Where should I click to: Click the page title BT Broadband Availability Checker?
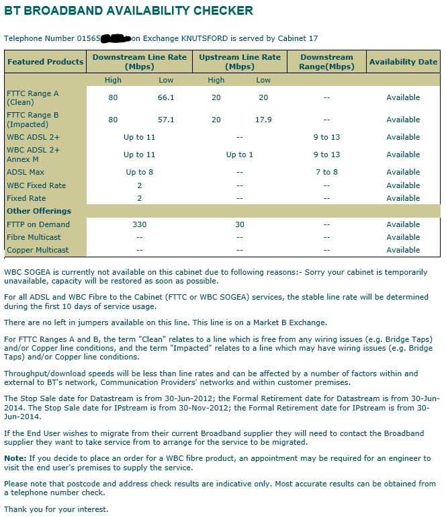coord(130,11)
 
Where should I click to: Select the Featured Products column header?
coord(45,62)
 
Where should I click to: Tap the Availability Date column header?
coord(403,62)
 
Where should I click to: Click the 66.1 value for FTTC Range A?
coord(165,97)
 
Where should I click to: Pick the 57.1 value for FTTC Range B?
coord(165,120)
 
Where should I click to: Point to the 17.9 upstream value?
coord(263,120)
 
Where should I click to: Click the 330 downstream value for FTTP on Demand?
coord(139,224)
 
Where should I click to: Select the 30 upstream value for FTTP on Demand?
coord(240,224)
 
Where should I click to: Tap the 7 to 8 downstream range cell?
coord(326,172)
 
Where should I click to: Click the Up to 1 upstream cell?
coord(240,155)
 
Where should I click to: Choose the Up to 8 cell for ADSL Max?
coord(139,172)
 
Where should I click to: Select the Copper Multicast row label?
coord(38,250)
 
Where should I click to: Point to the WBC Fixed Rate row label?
coord(36,185)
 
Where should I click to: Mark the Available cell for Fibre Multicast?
coord(403,237)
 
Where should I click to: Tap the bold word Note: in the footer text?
coord(15,458)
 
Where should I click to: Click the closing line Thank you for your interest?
coord(56,509)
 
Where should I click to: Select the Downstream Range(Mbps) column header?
coord(326,62)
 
